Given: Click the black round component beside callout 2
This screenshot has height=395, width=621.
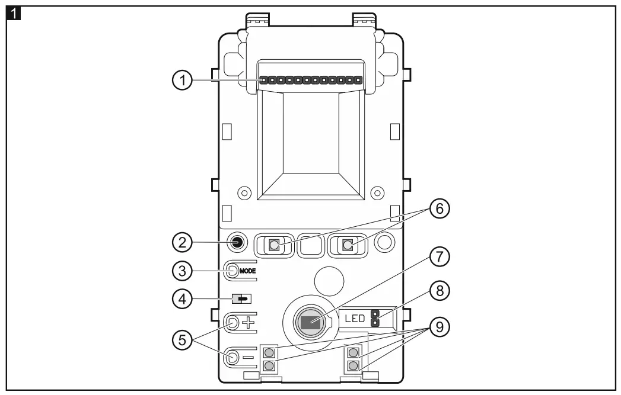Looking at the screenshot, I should tap(237, 242).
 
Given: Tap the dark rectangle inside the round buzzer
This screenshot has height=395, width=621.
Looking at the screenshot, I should tap(309, 323).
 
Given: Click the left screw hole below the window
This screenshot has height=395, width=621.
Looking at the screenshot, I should tap(241, 192).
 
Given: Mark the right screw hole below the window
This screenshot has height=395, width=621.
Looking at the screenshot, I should tap(374, 192).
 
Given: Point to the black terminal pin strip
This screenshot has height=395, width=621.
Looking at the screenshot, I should tap(311, 79).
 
